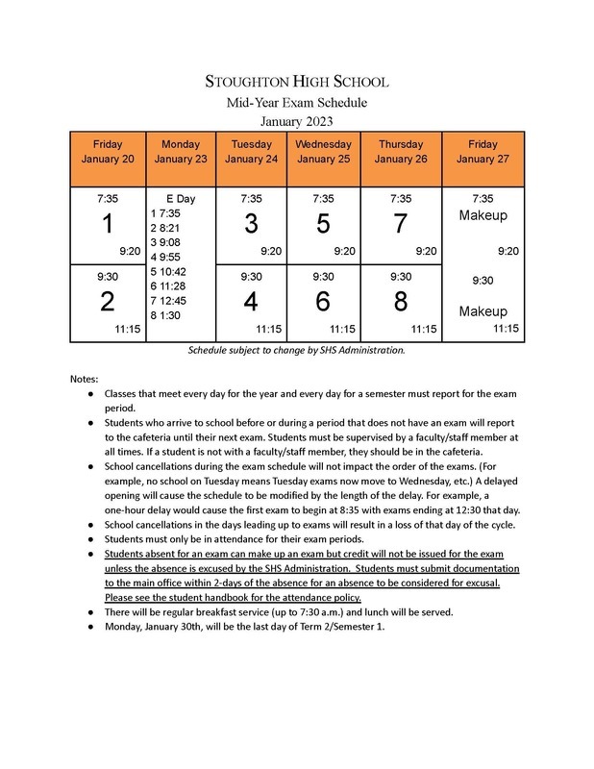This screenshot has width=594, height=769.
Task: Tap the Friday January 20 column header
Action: click(108, 152)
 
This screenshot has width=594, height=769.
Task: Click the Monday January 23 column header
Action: click(181, 152)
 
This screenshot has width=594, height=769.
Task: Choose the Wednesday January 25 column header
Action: click(324, 152)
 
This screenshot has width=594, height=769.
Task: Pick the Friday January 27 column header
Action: click(483, 152)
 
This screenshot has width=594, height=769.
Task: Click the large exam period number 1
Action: click(108, 225)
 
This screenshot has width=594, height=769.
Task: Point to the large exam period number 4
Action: click(251, 301)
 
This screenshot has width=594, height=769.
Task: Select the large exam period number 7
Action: click(401, 225)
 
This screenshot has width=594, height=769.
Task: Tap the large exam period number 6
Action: click(324, 301)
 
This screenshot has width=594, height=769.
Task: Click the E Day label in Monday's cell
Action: click(181, 198)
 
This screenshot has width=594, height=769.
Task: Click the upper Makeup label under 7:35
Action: click(483, 217)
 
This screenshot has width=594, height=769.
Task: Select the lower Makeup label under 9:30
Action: click(483, 311)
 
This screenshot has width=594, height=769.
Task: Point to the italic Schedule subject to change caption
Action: click(297, 351)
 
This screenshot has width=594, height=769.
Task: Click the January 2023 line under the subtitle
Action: click(297, 121)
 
